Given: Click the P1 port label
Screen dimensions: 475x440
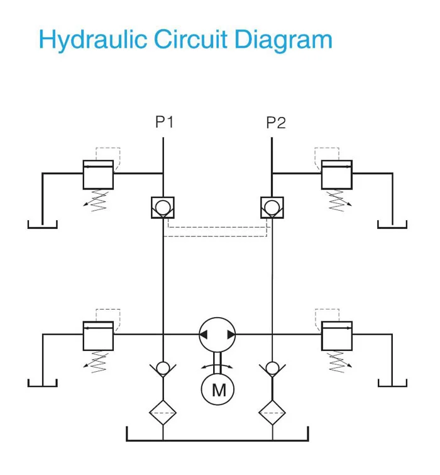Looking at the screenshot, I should click(x=164, y=122).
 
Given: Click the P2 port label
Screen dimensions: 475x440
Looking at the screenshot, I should click(x=275, y=122).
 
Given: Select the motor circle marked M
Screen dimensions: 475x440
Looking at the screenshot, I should click(x=217, y=389).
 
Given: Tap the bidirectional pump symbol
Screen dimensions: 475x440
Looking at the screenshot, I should click(x=217, y=335).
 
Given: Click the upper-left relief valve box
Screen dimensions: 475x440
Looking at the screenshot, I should click(x=98, y=174).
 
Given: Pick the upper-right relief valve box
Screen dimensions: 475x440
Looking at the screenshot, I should click(x=337, y=174).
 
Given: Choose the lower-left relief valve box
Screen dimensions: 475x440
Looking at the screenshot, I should click(x=98, y=335).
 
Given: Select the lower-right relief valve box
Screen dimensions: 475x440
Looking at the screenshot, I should click(x=337, y=335).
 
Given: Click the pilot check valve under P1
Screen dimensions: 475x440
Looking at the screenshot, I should click(x=163, y=207).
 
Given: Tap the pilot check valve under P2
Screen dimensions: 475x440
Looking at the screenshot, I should click(x=272, y=207).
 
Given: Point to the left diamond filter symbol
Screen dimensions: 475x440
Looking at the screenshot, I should click(x=163, y=413).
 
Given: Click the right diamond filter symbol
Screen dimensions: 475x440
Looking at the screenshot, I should click(x=272, y=413).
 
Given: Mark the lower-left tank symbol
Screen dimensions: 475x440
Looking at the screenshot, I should click(x=43, y=384).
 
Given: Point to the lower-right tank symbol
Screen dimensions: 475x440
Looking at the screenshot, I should click(x=392, y=384).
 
